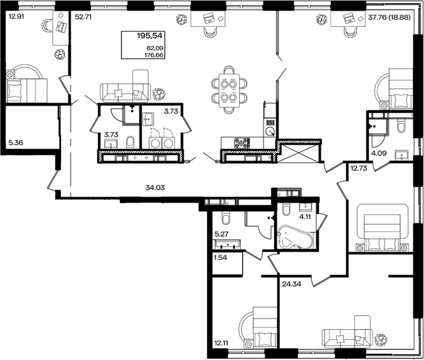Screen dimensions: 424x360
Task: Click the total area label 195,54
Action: click(x=150, y=35)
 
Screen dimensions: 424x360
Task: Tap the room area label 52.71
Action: click(x=83, y=17)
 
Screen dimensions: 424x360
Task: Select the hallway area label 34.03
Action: click(x=155, y=187)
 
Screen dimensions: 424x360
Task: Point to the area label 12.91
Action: click(x=16, y=16)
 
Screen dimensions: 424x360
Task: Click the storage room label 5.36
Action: click(x=16, y=142)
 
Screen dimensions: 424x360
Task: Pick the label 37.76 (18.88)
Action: click(x=390, y=17)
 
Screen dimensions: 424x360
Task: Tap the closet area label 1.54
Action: click(x=220, y=258)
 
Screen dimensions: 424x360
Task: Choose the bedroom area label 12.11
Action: click(x=221, y=343)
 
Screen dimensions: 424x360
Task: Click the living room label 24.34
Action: click(x=291, y=284)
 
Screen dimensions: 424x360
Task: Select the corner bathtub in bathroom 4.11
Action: click(x=295, y=239)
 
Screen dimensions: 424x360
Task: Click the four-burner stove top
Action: click(x=242, y=143)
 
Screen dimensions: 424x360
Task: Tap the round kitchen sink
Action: click(x=270, y=132)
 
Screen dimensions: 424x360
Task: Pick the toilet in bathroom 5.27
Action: click(x=225, y=219)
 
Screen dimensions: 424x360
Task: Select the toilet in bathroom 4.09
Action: click(x=401, y=125)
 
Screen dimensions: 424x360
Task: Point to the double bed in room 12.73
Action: click(x=382, y=228)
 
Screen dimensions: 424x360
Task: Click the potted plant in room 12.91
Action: click(x=60, y=55)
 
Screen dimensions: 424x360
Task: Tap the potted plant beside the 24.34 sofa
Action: click(x=380, y=340)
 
